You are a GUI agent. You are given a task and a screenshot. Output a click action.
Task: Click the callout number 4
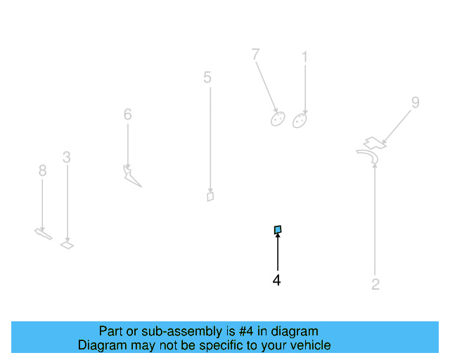click(x=277, y=281)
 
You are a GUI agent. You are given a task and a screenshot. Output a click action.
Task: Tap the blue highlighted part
click(x=278, y=229)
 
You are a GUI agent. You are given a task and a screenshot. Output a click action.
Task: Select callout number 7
click(x=255, y=54)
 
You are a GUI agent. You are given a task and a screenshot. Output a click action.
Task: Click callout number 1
click(x=304, y=57)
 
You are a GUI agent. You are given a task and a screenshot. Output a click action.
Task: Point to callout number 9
click(x=415, y=103)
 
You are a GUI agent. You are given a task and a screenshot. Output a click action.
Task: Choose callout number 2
click(x=375, y=285)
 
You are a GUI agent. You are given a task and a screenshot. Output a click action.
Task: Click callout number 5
click(x=207, y=77)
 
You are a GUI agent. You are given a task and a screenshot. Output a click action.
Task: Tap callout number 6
click(x=127, y=114)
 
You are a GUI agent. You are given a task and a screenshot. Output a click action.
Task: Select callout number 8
click(x=42, y=170)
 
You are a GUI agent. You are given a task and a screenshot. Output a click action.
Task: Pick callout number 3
click(x=66, y=157)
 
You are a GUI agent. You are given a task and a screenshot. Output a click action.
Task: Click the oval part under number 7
click(x=277, y=118)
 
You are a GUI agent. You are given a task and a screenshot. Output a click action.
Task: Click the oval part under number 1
click(x=300, y=120)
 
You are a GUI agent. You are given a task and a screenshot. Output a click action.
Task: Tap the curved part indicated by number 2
click(x=368, y=157)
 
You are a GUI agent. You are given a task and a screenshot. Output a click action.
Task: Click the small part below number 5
click(x=210, y=196)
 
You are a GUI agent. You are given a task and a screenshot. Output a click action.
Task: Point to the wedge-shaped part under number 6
click(x=131, y=176)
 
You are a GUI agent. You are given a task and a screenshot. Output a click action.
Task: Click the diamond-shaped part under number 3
click(x=67, y=245)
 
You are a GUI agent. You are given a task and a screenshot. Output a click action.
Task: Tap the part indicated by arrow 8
click(x=43, y=234)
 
